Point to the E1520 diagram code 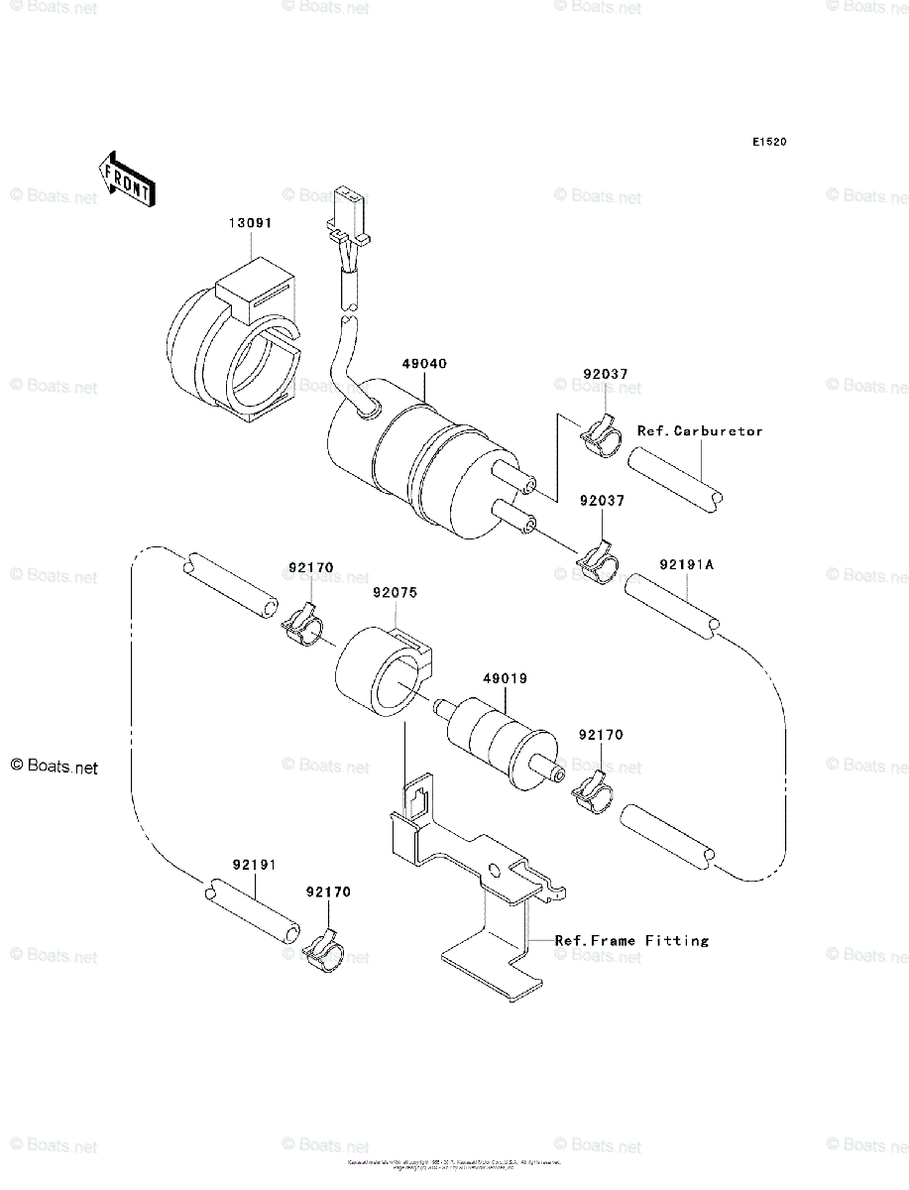pyautogui.click(x=768, y=143)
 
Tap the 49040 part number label pyautogui.click(x=424, y=364)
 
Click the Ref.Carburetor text pyautogui.click(x=700, y=431)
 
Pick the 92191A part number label pyautogui.click(x=686, y=565)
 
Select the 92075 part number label pyautogui.click(x=395, y=593)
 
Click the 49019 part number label pyautogui.click(x=505, y=679)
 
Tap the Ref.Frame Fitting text pyautogui.click(x=631, y=940)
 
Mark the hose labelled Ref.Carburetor pyautogui.click(x=674, y=479)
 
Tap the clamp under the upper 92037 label pyautogui.click(x=600, y=433)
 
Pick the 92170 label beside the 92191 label pyautogui.click(x=328, y=892)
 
